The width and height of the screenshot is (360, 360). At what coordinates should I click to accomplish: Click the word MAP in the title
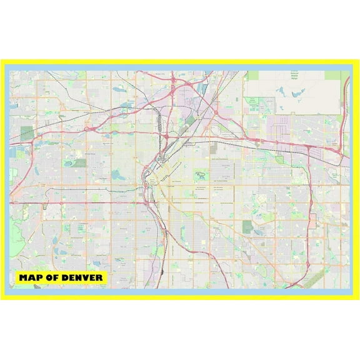click(31, 277)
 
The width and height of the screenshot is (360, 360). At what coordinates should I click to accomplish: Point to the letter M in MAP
click(24, 277)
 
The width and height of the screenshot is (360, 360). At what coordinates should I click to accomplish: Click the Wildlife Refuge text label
click(293, 74)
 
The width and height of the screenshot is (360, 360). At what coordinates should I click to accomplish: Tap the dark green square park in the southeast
click(247, 226)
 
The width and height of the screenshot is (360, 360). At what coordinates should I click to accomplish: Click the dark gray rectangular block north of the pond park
click(212, 147)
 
